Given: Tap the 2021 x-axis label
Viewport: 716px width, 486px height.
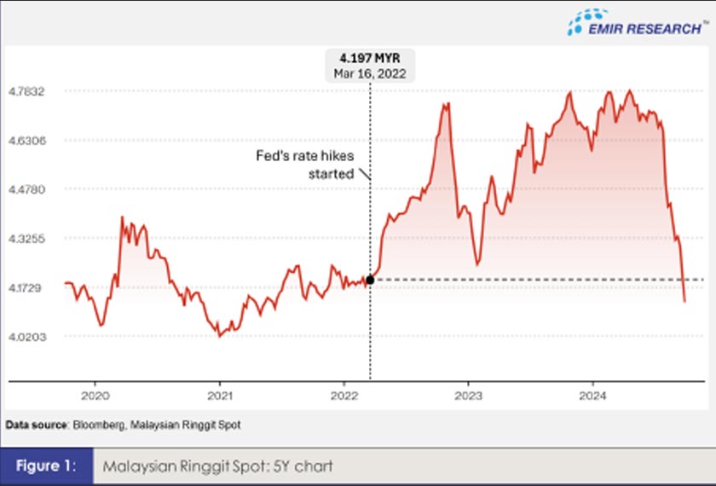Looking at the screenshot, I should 220,396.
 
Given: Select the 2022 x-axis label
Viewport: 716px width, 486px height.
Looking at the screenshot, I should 344,396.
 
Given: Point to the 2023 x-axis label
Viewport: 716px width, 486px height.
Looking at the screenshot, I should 468,396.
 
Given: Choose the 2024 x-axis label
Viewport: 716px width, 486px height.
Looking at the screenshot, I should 592,396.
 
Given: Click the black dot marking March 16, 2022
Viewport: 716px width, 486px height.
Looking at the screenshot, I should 370,279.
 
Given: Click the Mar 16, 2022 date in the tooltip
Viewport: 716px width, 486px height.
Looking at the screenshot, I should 369,73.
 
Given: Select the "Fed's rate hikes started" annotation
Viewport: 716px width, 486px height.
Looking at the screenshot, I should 316,165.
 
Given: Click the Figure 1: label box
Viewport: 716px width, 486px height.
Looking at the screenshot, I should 46,466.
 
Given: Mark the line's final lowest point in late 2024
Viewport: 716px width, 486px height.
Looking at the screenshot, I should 684,301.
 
